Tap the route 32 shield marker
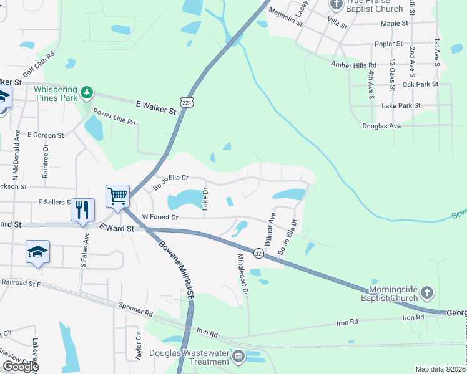tap(258, 252)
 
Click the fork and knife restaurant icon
tap(82, 210)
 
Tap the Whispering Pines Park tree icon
tap(87, 93)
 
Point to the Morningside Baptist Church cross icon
tap(426, 293)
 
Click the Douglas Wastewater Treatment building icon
tap(238, 357)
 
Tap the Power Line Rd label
tap(114, 118)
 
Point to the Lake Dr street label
tap(205, 199)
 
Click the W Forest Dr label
tap(160, 218)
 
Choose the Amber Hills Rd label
tap(354, 65)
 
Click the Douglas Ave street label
tap(381, 126)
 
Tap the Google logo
tap(21, 367)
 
